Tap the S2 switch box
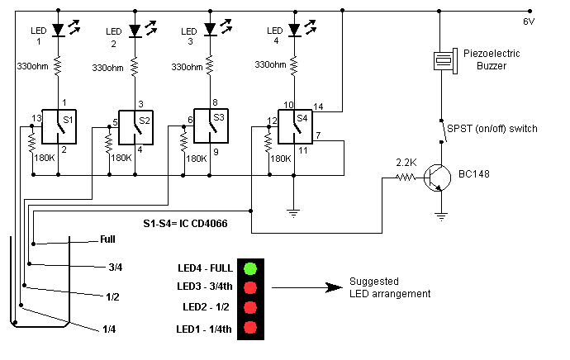coord(135,125)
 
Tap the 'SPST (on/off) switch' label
coord(492,128)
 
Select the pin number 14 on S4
coord(318,107)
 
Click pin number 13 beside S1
coord(36,118)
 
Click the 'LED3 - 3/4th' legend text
coord(206,287)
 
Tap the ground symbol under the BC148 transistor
coord(442,217)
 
